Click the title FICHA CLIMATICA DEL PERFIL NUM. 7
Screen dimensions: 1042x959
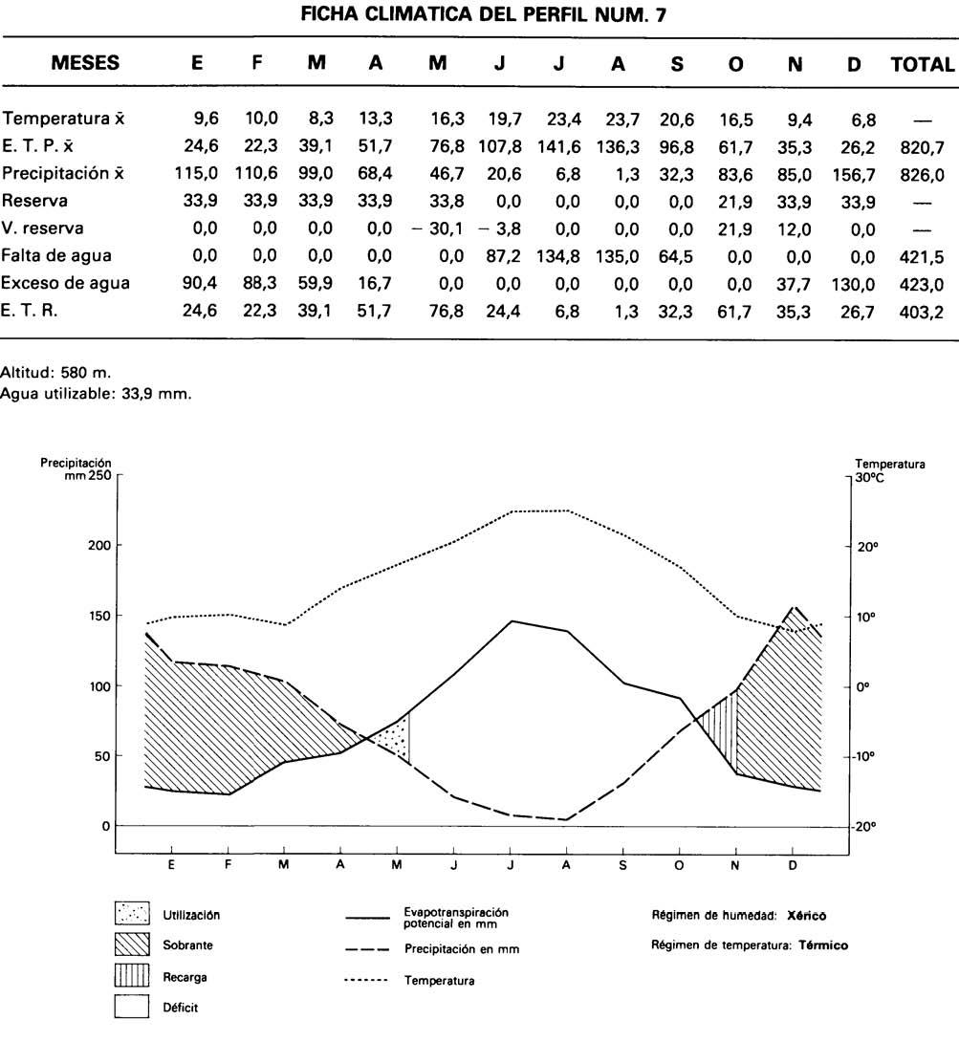tap(480, 15)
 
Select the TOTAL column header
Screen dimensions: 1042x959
tap(922, 64)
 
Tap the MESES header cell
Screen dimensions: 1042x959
tap(85, 64)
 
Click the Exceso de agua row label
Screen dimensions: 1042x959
tap(65, 283)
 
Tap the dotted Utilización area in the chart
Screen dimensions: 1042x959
tap(394, 737)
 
